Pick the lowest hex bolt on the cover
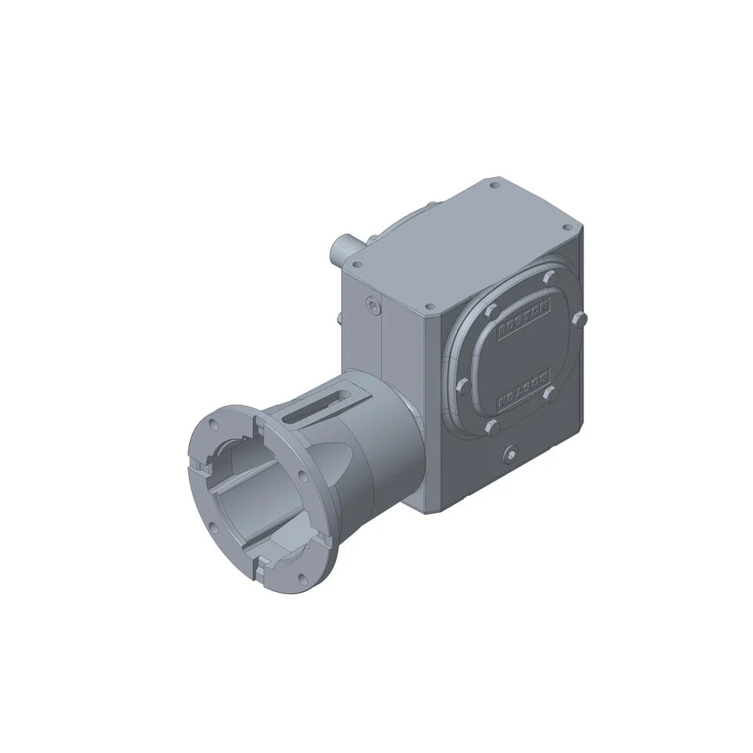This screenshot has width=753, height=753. pyautogui.click(x=494, y=427)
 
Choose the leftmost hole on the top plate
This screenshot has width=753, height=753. pyautogui.click(x=356, y=263)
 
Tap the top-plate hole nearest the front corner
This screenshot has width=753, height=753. pyautogui.click(x=428, y=306)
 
